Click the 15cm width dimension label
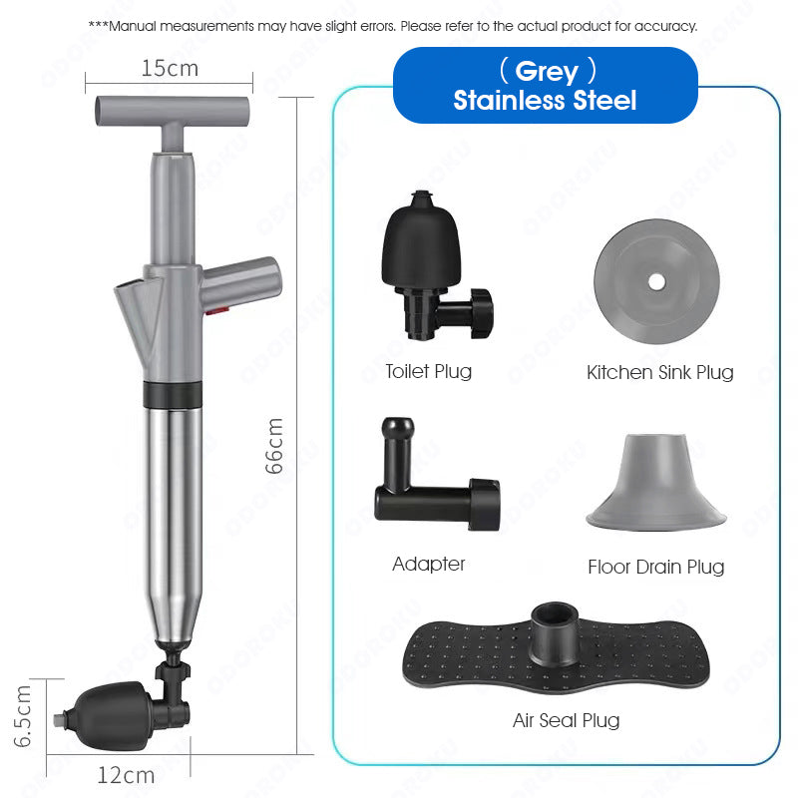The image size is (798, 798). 170,68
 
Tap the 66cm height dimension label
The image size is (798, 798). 274,446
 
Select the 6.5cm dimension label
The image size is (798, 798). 23,716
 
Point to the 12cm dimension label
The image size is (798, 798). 126,775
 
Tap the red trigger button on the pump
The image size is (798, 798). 216,310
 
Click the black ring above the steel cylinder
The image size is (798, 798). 173,394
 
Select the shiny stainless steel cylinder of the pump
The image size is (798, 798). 173,525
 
